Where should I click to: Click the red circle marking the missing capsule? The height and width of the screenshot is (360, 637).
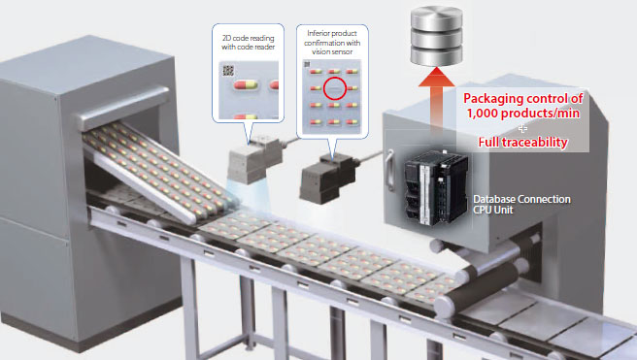click(x=335, y=88)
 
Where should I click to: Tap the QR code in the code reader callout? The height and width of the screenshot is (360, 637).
click(x=228, y=70)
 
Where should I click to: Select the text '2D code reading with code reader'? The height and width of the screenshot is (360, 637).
click(x=249, y=42)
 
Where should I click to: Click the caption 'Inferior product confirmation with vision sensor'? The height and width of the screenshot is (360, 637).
click(x=332, y=42)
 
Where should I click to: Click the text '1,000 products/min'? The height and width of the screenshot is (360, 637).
click(x=522, y=114)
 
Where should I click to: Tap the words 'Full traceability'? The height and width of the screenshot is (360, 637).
click(x=522, y=142)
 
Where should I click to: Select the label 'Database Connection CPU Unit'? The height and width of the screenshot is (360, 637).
click(x=521, y=205)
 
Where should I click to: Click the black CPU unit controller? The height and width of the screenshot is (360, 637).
click(x=435, y=187)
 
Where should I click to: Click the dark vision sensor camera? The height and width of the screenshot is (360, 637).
click(x=327, y=178)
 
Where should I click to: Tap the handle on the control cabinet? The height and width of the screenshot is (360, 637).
click(x=389, y=171)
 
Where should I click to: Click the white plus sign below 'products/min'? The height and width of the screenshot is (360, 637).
click(x=522, y=129)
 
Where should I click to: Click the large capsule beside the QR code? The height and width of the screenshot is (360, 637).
click(x=246, y=84)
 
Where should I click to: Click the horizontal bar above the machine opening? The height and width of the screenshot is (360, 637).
click(x=122, y=108)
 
